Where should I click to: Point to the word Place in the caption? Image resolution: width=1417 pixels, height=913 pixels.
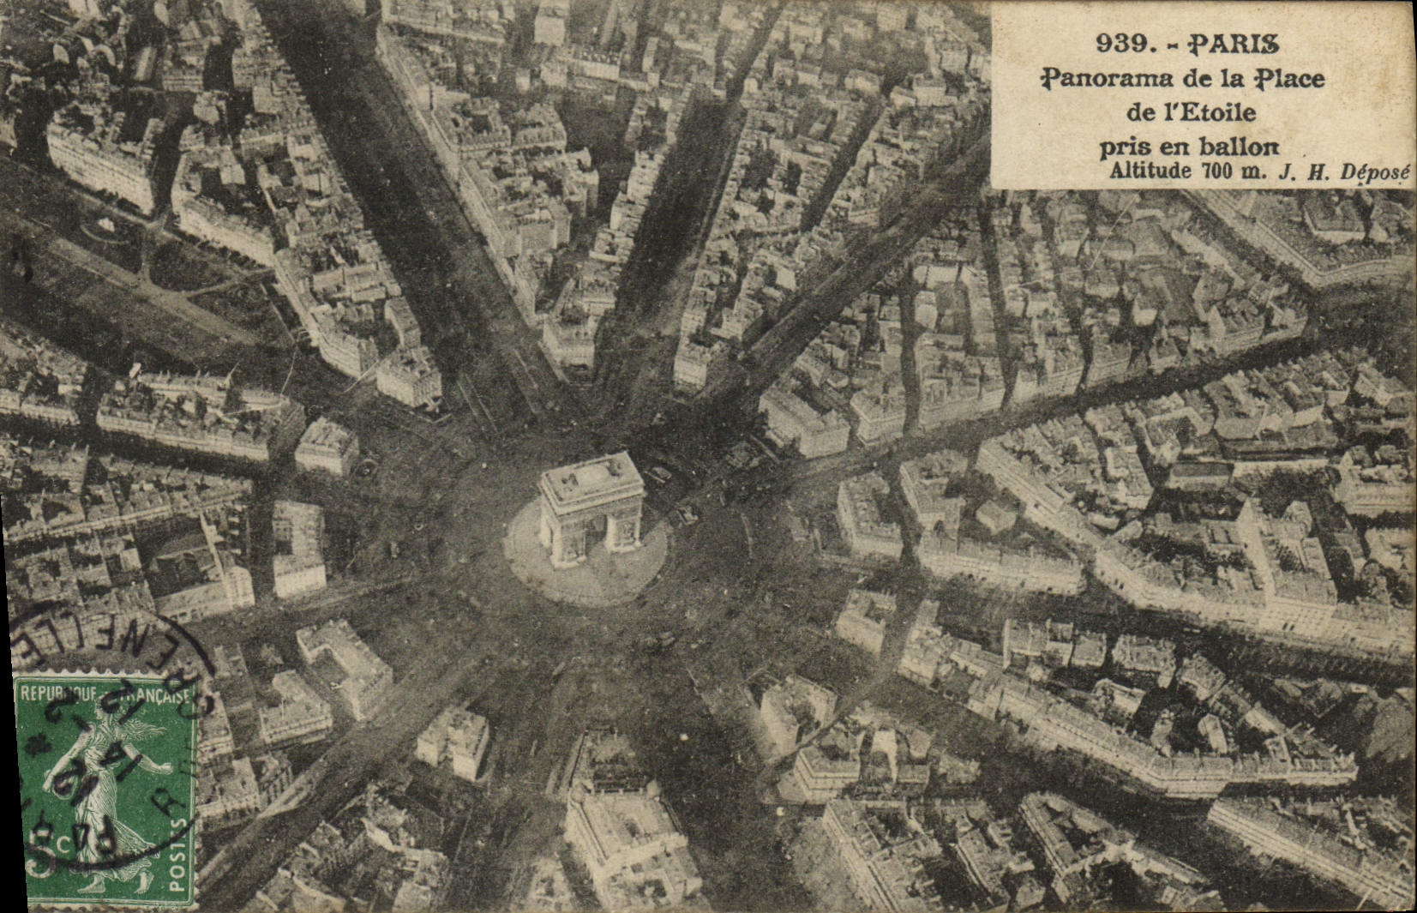coord(1290,79)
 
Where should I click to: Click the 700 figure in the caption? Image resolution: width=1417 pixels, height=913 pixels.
coord(1218,170)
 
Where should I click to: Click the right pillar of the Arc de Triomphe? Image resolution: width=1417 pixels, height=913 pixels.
coord(624,532)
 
